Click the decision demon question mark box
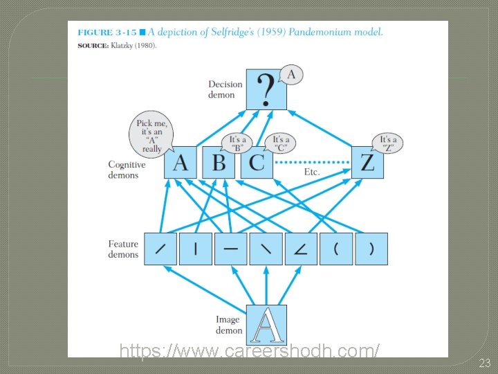(x=266, y=89)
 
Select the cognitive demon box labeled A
(x=180, y=163)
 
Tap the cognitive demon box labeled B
(x=219, y=163)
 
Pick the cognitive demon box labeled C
(x=257, y=163)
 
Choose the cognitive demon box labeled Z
(x=367, y=163)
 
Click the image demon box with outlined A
(x=266, y=325)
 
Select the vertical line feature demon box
(x=196, y=249)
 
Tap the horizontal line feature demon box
(x=230, y=249)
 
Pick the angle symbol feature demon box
(x=301, y=249)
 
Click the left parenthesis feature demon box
(x=336, y=249)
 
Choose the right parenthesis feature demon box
(x=371, y=249)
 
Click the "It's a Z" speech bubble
(x=387, y=143)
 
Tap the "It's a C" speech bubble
(x=280, y=143)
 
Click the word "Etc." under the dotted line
(x=312, y=172)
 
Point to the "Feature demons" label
(x=123, y=249)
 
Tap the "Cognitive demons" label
(x=127, y=170)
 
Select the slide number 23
(x=485, y=363)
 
